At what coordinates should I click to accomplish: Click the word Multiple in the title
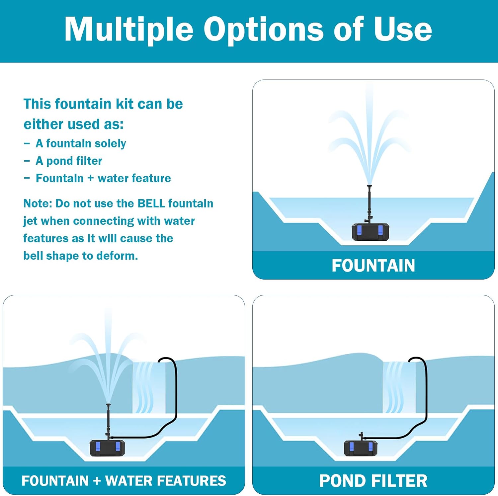click(x=129, y=30)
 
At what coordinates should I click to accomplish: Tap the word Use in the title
click(x=402, y=29)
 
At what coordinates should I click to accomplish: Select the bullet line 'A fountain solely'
click(x=81, y=143)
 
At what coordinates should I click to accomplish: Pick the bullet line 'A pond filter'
click(x=69, y=161)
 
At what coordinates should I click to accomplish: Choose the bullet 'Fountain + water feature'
click(x=103, y=178)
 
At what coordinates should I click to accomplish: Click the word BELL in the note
click(x=151, y=203)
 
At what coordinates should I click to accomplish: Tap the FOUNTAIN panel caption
click(x=373, y=266)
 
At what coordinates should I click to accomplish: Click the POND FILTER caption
click(x=373, y=481)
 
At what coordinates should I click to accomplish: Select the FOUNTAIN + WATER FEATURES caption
click(x=124, y=481)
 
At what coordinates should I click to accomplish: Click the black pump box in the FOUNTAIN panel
click(x=370, y=232)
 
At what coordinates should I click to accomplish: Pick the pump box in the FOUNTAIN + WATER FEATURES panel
click(x=108, y=448)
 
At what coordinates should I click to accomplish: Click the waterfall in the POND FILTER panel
click(x=399, y=387)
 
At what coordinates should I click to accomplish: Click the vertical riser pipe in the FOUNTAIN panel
click(x=369, y=204)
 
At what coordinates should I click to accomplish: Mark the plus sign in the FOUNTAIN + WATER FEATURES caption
click(x=97, y=481)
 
